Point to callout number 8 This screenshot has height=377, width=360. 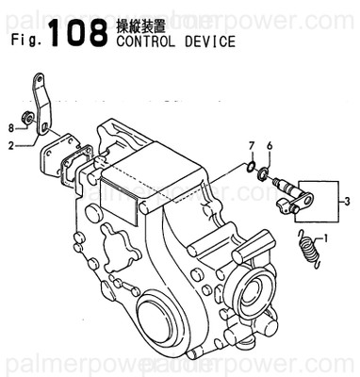pyautogui.click(x=11, y=126)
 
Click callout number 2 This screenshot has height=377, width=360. pyautogui.click(x=11, y=145)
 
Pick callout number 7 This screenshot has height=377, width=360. pyautogui.click(x=252, y=145)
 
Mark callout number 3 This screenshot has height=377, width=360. pyautogui.click(x=347, y=199)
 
